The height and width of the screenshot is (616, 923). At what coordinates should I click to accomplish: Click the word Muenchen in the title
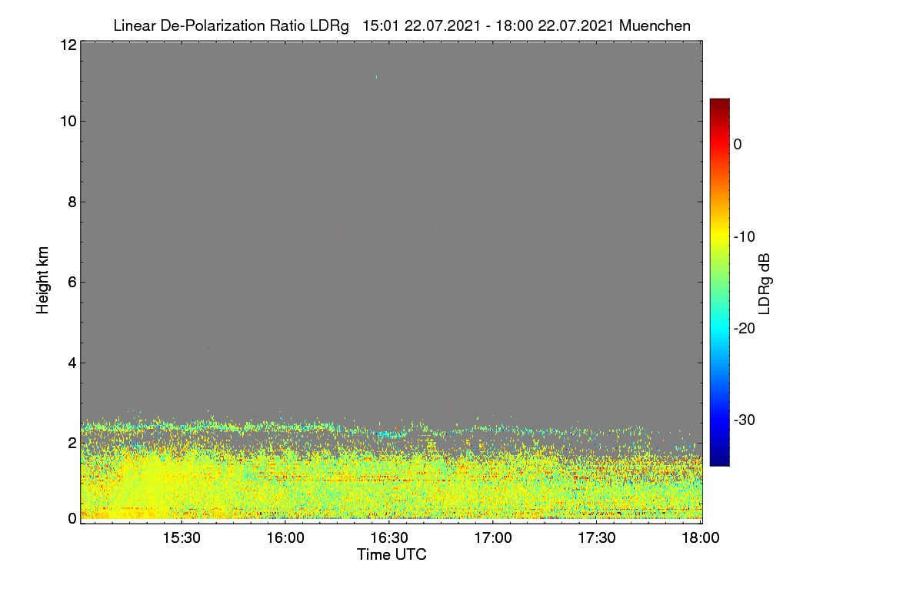[x=655, y=26]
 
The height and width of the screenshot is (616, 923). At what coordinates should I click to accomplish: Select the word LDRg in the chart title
[x=329, y=26]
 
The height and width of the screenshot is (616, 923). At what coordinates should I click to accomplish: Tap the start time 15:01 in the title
[x=380, y=26]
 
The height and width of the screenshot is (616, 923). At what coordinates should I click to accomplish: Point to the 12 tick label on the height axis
[x=68, y=45]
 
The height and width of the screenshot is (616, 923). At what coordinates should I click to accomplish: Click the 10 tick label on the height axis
[x=68, y=122]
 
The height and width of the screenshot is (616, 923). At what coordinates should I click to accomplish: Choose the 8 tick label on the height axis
[x=72, y=202]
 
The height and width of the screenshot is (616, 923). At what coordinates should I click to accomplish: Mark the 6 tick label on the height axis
[x=72, y=283]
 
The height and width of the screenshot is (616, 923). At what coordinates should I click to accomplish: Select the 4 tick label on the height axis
[x=72, y=363]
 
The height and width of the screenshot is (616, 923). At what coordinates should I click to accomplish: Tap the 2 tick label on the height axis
[x=72, y=444]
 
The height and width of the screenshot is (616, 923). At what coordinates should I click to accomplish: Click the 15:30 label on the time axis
[x=182, y=537]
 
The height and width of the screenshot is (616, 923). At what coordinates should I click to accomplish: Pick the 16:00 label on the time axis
[x=285, y=537]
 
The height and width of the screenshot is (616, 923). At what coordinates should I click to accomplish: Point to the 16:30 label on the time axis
[x=389, y=537]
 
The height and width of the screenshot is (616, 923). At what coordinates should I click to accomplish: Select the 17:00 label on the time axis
[x=493, y=537]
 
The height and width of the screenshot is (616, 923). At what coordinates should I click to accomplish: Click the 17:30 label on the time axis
[x=597, y=537]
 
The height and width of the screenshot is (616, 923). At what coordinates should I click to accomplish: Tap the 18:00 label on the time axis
[x=701, y=537]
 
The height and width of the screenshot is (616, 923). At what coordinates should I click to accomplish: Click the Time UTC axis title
[x=392, y=554]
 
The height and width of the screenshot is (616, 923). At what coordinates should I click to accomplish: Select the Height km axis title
[x=42, y=280]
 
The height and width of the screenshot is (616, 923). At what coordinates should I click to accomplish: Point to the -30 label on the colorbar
[x=745, y=420]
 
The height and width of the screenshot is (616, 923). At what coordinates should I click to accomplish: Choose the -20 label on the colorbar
[x=745, y=329]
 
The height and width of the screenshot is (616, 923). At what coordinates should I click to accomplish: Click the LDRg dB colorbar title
[x=765, y=284]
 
